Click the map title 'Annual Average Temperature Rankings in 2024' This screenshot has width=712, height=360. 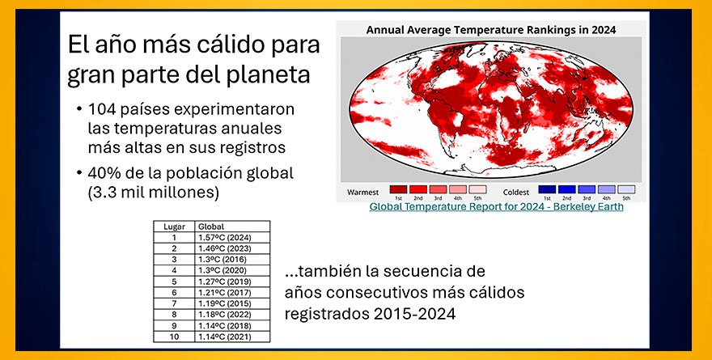point(491,29)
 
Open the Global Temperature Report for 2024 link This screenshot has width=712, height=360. point(496,206)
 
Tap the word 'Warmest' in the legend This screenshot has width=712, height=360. point(363,192)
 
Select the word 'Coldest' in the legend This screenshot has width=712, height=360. point(515,192)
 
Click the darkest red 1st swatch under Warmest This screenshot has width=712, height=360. point(398,189)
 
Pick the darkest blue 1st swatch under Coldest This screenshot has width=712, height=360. point(548,189)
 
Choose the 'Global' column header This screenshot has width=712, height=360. point(211,227)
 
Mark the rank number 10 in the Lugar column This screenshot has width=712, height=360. point(173,336)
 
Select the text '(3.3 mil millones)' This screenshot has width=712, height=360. point(145,193)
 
